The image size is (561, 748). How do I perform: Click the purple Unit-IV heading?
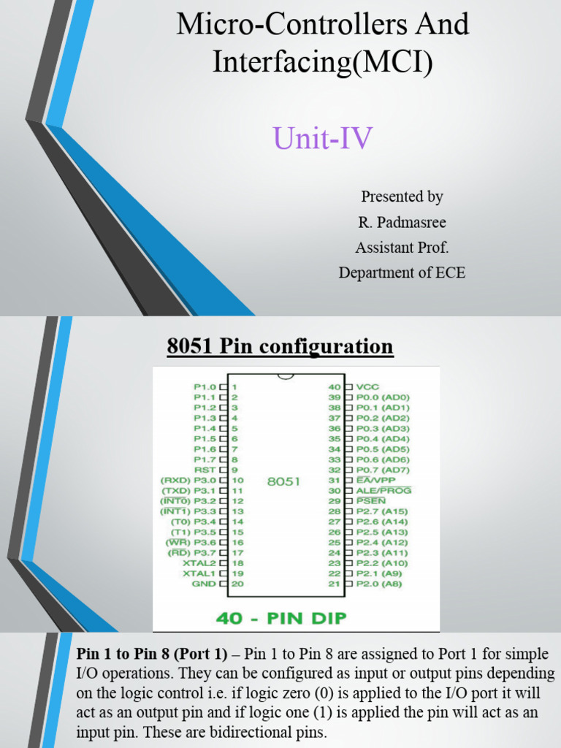point(323,137)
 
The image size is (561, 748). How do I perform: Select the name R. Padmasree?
point(402,222)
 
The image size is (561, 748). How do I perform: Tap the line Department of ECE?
point(402,273)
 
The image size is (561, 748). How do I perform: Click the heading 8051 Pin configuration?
point(280,346)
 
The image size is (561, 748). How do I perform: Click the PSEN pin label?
point(371,501)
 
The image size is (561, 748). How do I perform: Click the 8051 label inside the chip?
point(284,482)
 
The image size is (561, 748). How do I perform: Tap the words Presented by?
point(402,196)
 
